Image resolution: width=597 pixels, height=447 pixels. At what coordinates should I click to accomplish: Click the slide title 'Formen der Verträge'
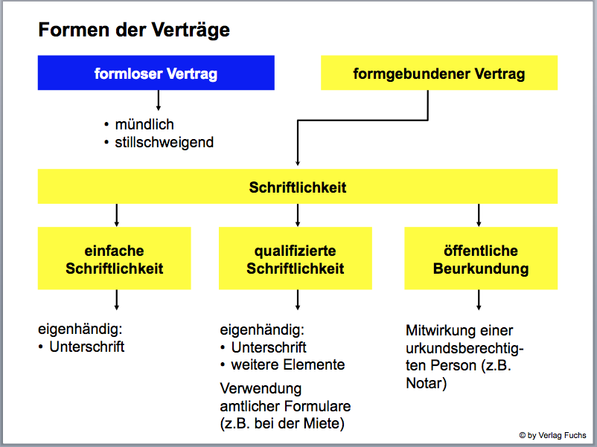point(134,30)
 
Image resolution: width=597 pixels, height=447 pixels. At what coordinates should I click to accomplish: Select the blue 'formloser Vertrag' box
point(156,73)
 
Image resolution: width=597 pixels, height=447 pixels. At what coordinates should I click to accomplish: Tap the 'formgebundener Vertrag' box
point(438,74)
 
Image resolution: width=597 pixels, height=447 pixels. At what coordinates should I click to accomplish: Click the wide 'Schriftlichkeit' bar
point(298,187)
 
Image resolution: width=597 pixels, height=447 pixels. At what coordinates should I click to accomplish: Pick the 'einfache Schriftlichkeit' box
point(114,259)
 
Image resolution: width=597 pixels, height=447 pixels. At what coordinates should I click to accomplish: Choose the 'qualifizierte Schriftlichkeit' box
point(296,259)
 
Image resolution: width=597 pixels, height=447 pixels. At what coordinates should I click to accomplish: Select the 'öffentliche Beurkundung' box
point(480,259)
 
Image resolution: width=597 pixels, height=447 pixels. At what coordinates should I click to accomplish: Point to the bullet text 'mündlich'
point(144,124)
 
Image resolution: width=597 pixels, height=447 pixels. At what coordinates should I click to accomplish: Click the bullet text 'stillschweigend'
point(164,142)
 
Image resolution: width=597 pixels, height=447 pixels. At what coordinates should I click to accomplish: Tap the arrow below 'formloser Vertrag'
point(158,101)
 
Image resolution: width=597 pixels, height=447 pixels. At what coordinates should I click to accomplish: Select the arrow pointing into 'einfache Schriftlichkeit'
point(116,215)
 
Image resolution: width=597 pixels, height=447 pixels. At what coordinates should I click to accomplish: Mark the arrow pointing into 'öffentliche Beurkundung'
point(479,215)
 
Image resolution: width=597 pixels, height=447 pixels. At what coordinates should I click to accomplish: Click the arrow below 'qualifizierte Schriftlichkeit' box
point(298,300)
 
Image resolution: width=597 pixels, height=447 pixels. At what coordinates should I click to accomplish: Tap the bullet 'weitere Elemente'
point(288,365)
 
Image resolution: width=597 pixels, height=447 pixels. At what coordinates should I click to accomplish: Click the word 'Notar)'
point(427,384)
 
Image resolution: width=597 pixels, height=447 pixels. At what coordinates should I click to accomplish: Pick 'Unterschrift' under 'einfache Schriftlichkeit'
point(87,347)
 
